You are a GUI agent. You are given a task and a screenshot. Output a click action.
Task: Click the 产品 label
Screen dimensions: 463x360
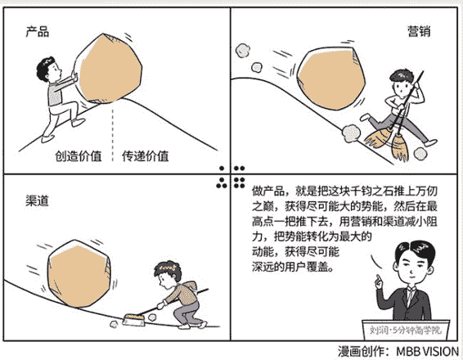click(37, 32)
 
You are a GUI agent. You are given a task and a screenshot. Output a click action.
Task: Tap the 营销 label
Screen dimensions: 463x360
click(419, 31)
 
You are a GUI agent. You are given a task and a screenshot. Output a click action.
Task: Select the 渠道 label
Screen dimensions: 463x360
click(37, 201)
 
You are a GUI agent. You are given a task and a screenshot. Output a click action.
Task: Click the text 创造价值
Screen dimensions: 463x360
click(79, 156)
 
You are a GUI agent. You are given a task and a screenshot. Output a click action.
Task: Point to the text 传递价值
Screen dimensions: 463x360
click(146, 156)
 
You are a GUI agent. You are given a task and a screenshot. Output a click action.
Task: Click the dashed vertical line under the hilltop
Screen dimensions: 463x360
click(113, 134)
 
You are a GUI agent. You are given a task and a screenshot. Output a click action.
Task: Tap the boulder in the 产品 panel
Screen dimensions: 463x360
click(109, 69)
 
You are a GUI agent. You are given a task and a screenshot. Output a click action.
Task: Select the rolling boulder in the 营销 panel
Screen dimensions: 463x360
click(330, 79)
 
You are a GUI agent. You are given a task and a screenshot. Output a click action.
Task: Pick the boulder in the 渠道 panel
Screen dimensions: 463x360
click(79, 273)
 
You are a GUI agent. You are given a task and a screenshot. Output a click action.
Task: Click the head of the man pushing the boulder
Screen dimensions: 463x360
click(49, 70)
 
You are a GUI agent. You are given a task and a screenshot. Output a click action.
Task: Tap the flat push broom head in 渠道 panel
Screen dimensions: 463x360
click(134, 320)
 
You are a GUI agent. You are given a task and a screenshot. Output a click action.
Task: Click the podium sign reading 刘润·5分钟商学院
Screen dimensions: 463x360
click(406, 330)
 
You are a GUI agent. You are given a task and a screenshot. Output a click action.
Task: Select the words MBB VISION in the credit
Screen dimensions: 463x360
click(427, 352)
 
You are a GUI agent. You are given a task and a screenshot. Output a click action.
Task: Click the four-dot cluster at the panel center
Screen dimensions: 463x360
click(239, 182)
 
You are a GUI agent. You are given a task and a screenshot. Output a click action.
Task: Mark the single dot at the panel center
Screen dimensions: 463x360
click(222, 169)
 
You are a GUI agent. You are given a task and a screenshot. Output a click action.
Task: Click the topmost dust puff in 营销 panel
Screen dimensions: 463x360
click(242, 50)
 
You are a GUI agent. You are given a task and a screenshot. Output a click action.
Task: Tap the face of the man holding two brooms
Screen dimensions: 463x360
click(402, 86)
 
